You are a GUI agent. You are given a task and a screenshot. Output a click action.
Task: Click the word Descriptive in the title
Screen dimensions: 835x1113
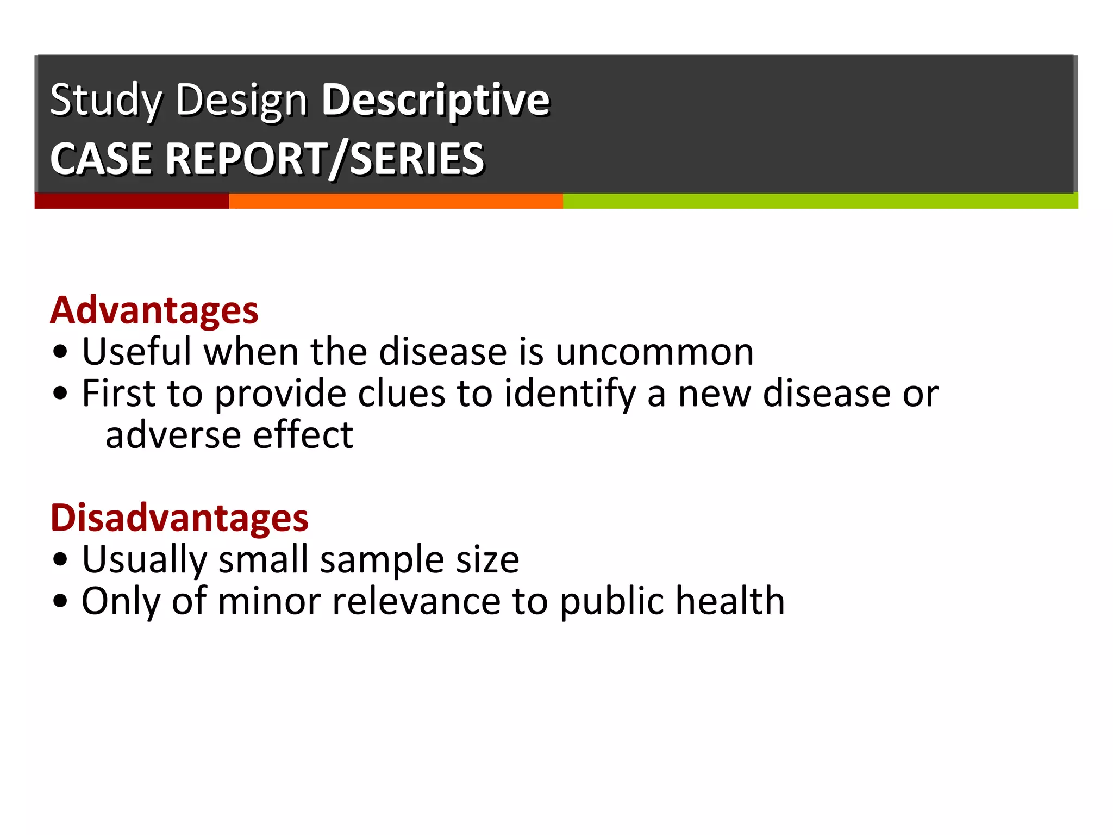click(435, 100)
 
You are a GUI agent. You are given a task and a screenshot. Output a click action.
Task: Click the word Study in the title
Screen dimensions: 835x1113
click(106, 100)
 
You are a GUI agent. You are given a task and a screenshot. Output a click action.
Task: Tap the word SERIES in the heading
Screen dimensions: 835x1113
click(417, 159)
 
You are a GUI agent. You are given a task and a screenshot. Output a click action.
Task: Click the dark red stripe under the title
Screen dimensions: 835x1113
click(132, 201)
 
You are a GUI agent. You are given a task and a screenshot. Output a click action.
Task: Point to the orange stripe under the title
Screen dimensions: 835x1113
click(396, 201)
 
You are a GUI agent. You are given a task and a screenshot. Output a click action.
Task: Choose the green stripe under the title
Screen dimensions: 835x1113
click(820, 201)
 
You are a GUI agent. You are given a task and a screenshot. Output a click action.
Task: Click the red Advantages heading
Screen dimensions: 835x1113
click(154, 310)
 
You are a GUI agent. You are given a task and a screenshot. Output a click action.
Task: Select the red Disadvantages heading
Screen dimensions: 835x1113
click(179, 518)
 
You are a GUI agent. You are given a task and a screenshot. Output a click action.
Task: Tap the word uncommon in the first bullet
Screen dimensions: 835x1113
click(654, 352)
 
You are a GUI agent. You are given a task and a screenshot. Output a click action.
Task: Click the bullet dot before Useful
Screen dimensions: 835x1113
click(61, 352)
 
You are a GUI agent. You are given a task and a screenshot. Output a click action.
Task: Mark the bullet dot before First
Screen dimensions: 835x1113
click(61, 394)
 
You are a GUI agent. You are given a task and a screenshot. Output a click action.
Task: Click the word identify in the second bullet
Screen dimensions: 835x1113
click(570, 394)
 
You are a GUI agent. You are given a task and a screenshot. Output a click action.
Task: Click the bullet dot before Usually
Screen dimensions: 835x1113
click(61, 560)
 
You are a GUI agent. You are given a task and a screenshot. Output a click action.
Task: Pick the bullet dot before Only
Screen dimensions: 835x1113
click(61, 601)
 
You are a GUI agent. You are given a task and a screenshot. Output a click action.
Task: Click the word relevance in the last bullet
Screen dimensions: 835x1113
click(416, 601)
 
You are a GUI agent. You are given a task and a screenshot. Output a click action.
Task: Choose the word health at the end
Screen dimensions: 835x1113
click(730, 601)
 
